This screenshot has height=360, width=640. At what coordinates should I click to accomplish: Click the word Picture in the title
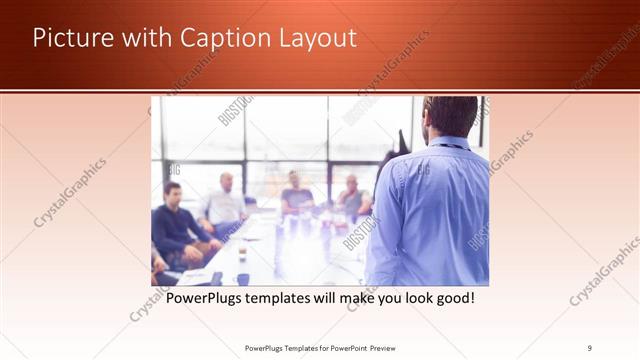pos(71,38)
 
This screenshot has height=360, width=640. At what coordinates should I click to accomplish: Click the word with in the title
pos(145,38)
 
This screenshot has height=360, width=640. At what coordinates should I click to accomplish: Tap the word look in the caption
pos(414,298)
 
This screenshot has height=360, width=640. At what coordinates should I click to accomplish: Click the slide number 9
pos(590,348)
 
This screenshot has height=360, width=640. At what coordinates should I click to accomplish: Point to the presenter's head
pos(449,116)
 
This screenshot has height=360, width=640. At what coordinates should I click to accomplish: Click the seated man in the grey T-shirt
pos(297,195)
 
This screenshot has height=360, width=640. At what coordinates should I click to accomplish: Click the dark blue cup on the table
pos(242,279)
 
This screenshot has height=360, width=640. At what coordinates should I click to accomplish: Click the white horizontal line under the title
pos(320,91)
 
